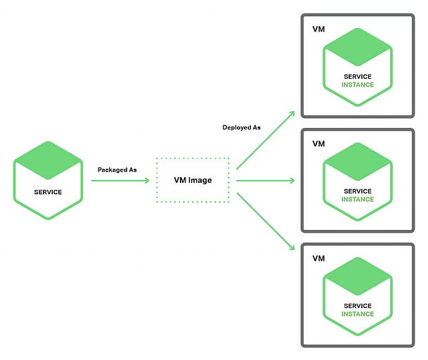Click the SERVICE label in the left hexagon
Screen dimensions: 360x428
click(48, 192)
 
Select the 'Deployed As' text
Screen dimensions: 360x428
click(242, 127)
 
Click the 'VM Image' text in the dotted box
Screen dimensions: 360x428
click(193, 181)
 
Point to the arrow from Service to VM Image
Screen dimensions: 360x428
click(119, 181)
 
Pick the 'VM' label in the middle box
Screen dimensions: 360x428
click(318, 143)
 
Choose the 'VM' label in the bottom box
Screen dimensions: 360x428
click(318, 259)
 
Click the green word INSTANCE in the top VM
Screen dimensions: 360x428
click(358, 85)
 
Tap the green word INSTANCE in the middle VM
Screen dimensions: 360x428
click(358, 200)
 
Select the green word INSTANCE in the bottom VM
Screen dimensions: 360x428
click(358, 314)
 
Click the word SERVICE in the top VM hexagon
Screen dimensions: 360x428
click(358, 77)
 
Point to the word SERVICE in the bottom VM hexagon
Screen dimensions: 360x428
click(358, 306)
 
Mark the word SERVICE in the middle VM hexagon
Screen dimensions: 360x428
click(358, 191)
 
